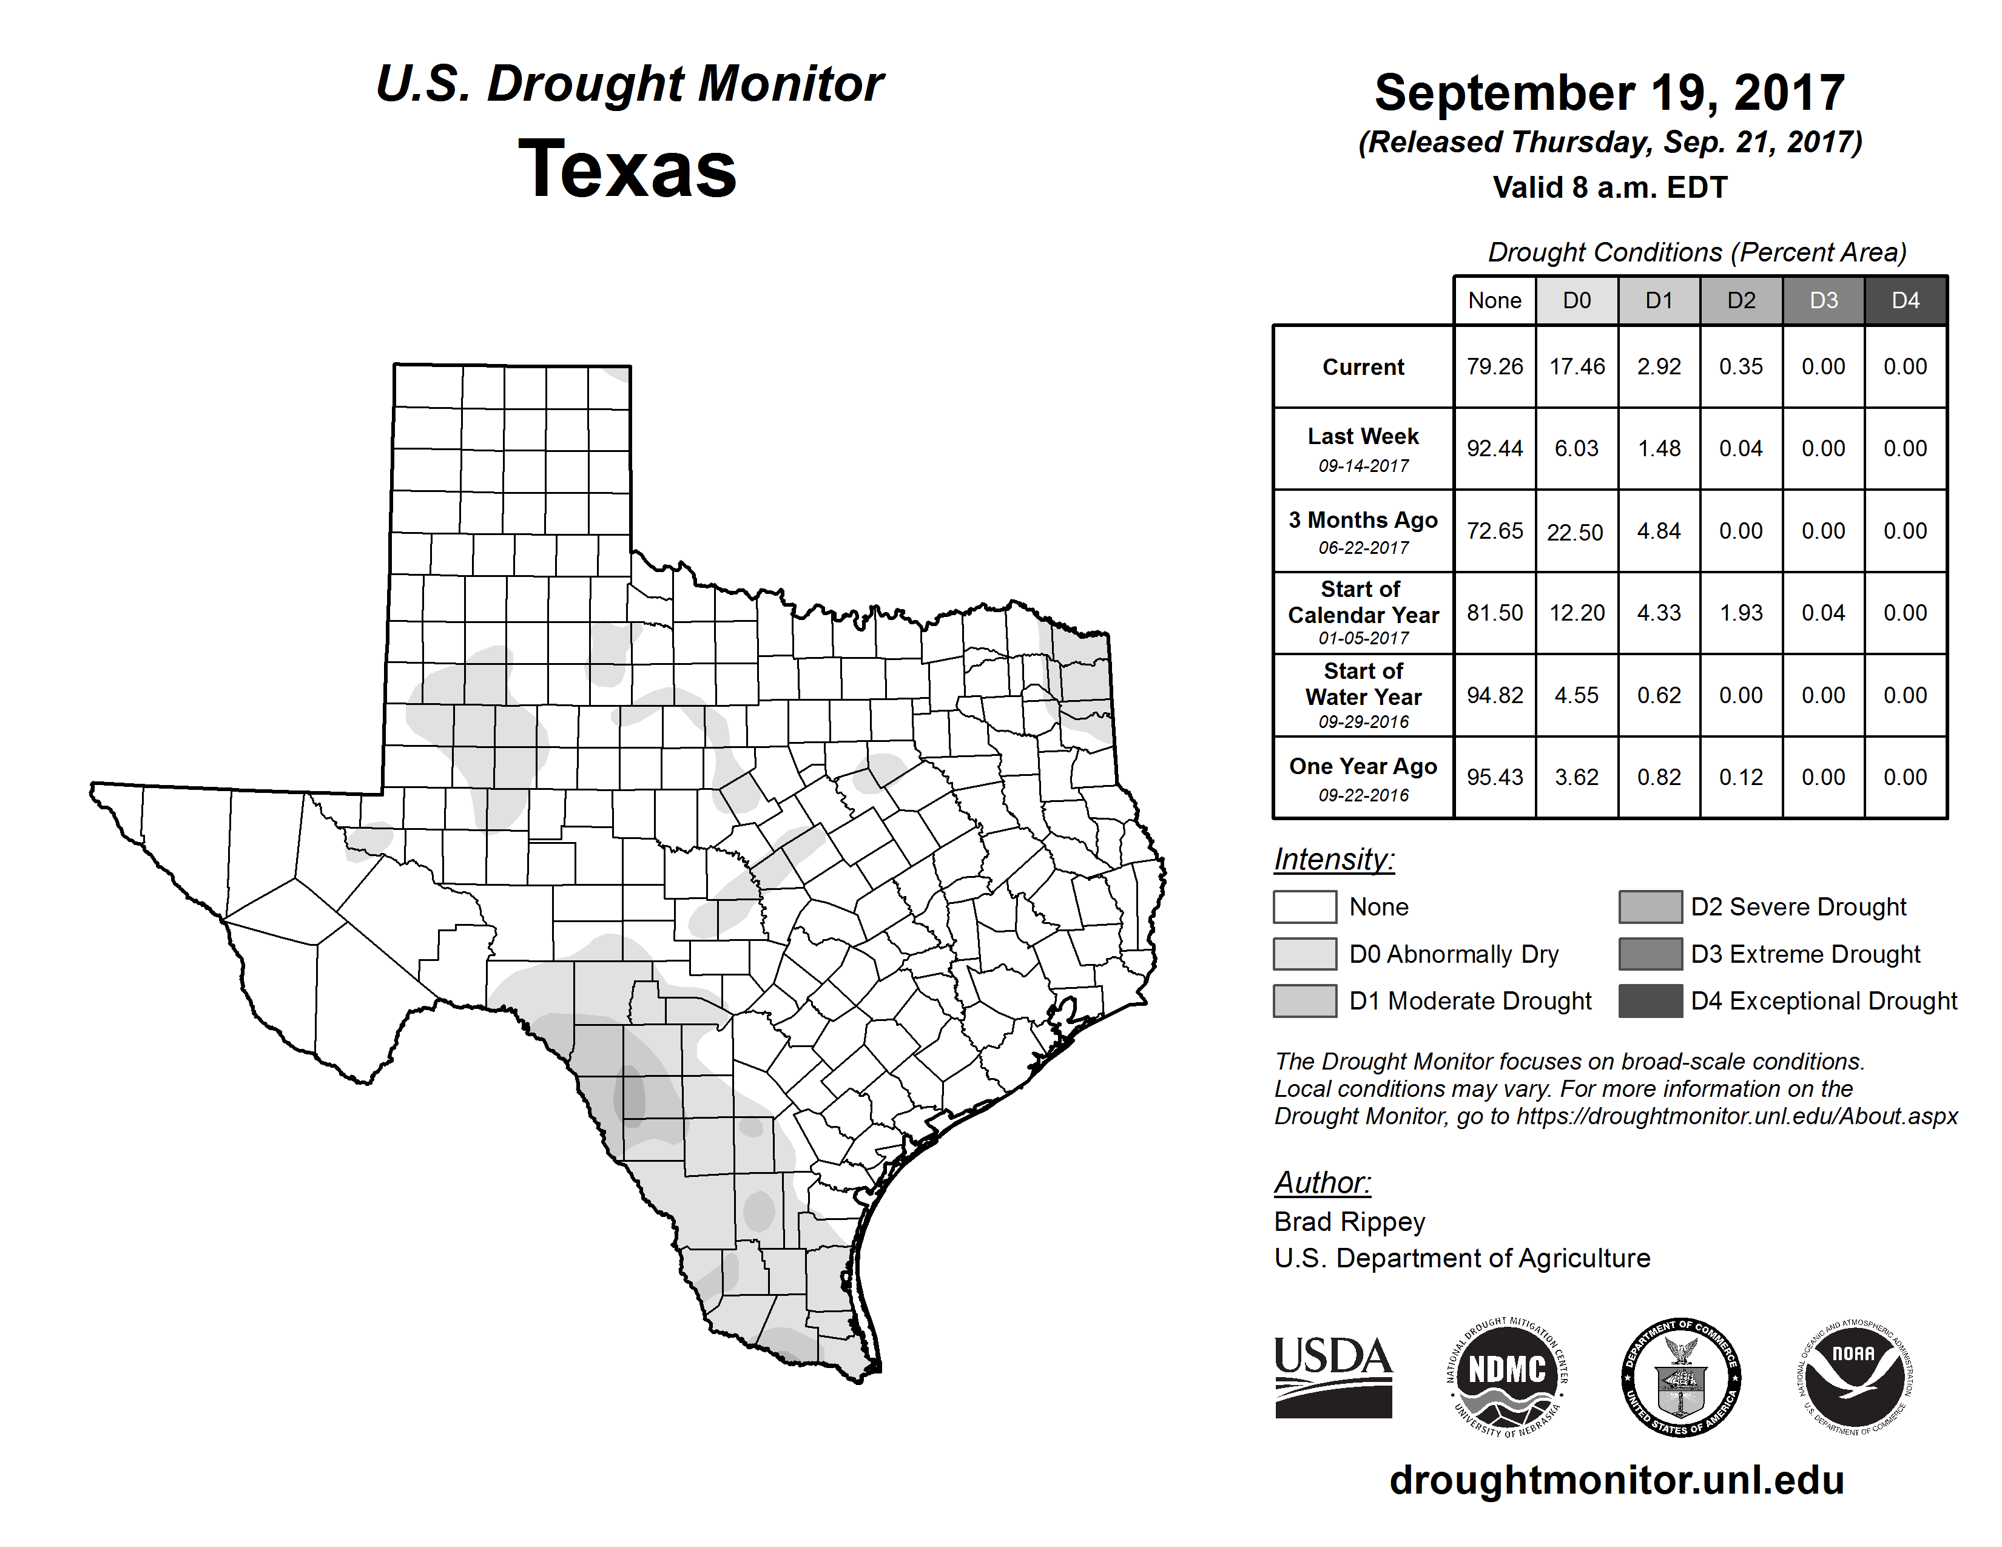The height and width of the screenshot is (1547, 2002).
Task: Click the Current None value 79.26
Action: (1494, 366)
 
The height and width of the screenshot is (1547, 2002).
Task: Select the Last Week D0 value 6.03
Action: (1577, 448)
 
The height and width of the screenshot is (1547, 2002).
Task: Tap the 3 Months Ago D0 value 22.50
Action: (1576, 531)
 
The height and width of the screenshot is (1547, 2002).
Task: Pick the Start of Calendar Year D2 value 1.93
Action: (1741, 612)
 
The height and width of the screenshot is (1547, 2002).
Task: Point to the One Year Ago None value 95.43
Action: (1494, 777)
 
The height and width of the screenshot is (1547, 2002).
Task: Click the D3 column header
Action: (1823, 300)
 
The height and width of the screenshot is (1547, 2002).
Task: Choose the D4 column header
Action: (1905, 300)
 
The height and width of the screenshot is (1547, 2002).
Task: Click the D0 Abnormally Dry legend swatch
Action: (1304, 953)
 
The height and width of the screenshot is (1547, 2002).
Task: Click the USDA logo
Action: (1333, 1377)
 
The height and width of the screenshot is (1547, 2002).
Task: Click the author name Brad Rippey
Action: (1349, 1222)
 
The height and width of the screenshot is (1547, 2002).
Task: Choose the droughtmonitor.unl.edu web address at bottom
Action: (1617, 1480)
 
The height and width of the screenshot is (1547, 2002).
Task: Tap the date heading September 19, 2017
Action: (1609, 93)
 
